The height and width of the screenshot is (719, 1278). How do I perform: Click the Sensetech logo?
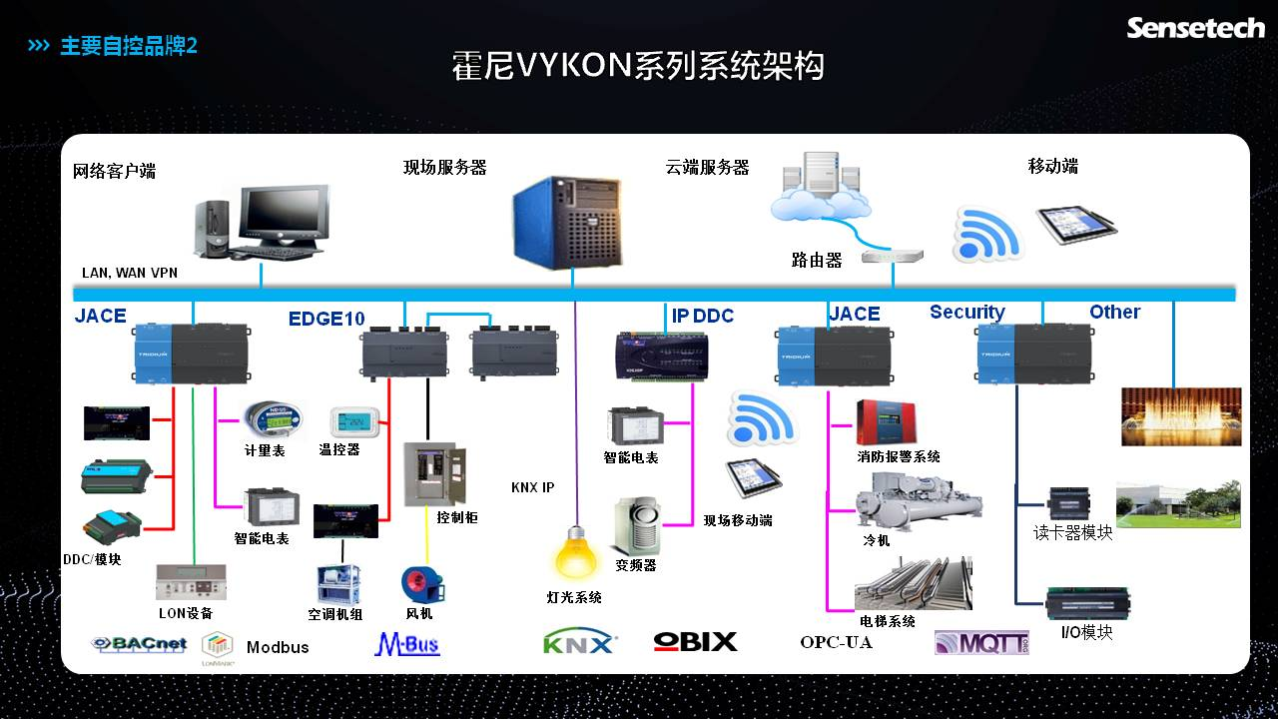tap(1195, 27)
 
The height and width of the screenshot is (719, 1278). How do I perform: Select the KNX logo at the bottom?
tap(579, 642)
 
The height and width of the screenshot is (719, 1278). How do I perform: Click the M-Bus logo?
tap(406, 644)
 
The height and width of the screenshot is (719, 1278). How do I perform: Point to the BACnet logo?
tap(138, 644)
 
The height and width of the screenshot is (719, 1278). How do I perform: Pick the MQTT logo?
tap(981, 642)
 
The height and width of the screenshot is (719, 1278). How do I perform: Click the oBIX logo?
tap(695, 642)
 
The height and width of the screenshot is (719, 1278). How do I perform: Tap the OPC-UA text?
tap(836, 642)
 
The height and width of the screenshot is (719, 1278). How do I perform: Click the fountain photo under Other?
tap(1181, 416)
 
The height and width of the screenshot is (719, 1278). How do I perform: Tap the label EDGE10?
tap(326, 319)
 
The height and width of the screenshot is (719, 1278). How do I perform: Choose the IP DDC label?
tap(702, 316)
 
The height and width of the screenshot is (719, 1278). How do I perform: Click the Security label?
tap(966, 312)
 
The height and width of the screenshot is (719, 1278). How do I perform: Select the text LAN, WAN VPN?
tap(130, 273)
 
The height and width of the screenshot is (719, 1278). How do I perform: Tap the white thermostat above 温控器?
tap(355, 422)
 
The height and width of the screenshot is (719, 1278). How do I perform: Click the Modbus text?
tap(278, 647)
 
